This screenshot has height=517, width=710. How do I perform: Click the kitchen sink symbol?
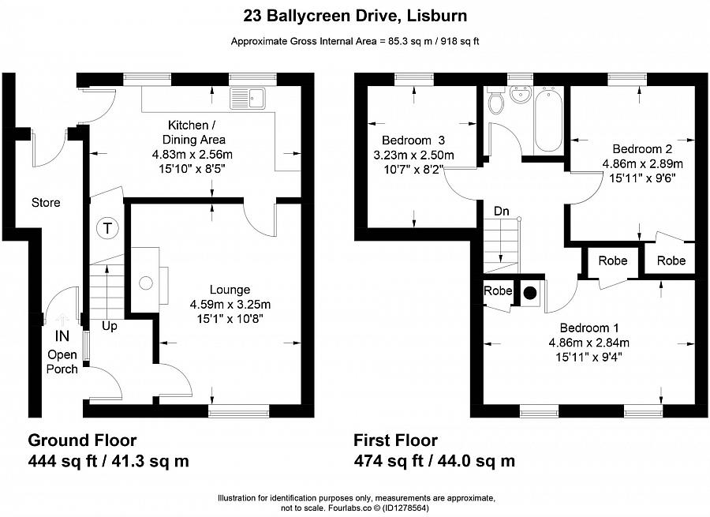250,99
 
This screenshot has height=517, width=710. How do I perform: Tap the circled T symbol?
106,229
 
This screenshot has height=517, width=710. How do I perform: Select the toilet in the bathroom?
496,102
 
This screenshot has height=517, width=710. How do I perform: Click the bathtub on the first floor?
547,123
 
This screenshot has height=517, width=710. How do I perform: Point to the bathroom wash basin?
521,95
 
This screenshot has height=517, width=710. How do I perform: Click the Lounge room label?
230,290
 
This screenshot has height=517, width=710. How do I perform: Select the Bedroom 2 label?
642,148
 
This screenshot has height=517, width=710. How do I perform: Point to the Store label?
46,203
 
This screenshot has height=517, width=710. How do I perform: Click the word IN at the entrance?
62,335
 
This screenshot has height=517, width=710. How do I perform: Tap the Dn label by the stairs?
501,212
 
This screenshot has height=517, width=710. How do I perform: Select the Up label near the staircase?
109,325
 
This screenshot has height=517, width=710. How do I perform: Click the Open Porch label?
62,362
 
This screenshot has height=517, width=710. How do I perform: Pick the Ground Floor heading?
82,440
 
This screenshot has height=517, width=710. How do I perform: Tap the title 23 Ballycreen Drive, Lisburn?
354,16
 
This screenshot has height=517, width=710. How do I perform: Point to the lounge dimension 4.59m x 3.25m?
230,305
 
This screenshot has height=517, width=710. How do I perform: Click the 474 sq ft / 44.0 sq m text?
434,461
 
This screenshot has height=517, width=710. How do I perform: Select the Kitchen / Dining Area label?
190,133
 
